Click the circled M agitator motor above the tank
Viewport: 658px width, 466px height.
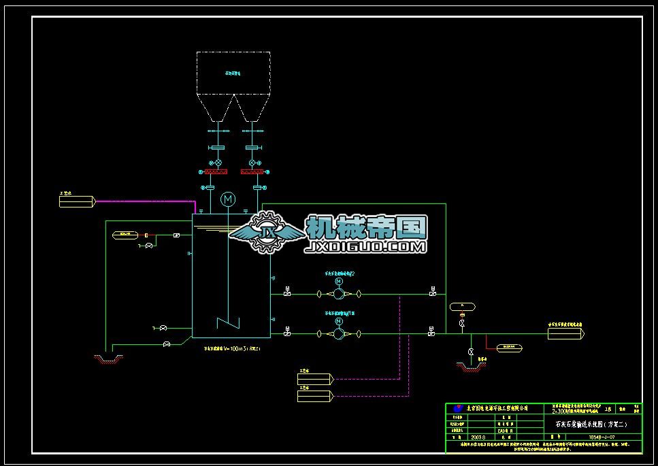[228, 199]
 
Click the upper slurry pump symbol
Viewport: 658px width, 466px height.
[338, 295]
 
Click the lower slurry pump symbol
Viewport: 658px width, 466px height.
[338, 333]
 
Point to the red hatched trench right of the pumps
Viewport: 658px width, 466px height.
[471, 367]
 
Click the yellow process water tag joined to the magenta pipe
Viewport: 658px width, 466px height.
[77, 201]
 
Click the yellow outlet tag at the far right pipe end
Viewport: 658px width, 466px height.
[566, 333]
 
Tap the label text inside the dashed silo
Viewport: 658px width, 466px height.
[233, 72]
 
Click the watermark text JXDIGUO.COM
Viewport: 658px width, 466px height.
[367, 246]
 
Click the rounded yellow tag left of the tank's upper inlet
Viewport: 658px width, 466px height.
[125, 235]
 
